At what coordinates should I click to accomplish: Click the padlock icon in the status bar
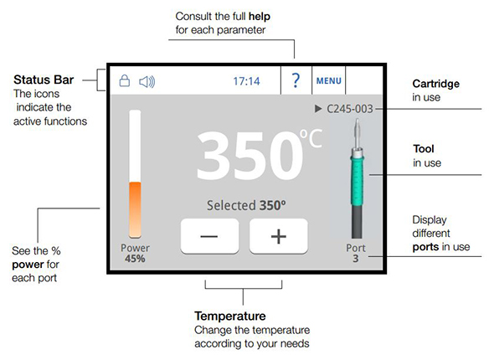coord(125,80)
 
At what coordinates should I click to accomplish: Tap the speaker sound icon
coord(147,82)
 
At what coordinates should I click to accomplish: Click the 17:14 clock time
coord(246,81)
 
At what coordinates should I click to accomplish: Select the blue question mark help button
coord(296,80)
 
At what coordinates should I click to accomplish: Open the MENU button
coord(328,81)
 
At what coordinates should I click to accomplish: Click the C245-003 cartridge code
coord(350,109)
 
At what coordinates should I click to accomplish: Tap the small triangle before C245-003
coord(318,109)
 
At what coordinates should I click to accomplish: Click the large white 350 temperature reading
coord(249,155)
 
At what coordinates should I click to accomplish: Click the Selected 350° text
coord(246,205)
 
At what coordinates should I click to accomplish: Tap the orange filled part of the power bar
coord(135,209)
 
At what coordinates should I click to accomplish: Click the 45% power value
coord(135,259)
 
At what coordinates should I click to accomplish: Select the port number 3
coord(356,259)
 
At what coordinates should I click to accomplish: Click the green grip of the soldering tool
coord(357,180)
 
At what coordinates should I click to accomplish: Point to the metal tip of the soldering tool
coord(357,132)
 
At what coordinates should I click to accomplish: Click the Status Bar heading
coord(44,80)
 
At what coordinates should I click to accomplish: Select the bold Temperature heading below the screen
coord(230,316)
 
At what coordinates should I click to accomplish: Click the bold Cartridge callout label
coord(435,84)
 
